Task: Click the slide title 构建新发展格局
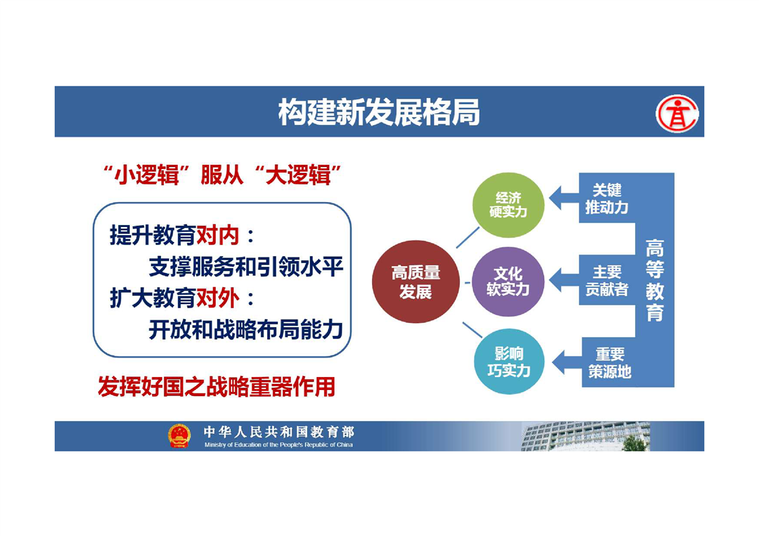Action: [x=379, y=112]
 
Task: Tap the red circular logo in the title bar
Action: [x=677, y=114]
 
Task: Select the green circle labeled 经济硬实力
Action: [x=508, y=205]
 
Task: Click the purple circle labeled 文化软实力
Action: [x=508, y=282]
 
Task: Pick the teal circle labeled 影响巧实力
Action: [x=509, y=362]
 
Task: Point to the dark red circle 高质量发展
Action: [x=416, y=282]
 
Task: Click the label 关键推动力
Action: [x=607, y=199]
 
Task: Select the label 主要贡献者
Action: [x=607, y=281]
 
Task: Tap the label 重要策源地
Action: [x=609, y=363]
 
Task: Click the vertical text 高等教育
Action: [x=654, y=280]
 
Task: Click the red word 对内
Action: [x=217, y=236]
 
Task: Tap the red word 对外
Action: [x=217, y=298]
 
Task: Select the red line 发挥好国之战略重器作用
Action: [x=216, y=387]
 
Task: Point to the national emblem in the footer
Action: [x=179, y=435]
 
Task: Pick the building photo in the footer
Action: [x=586, y=437]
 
